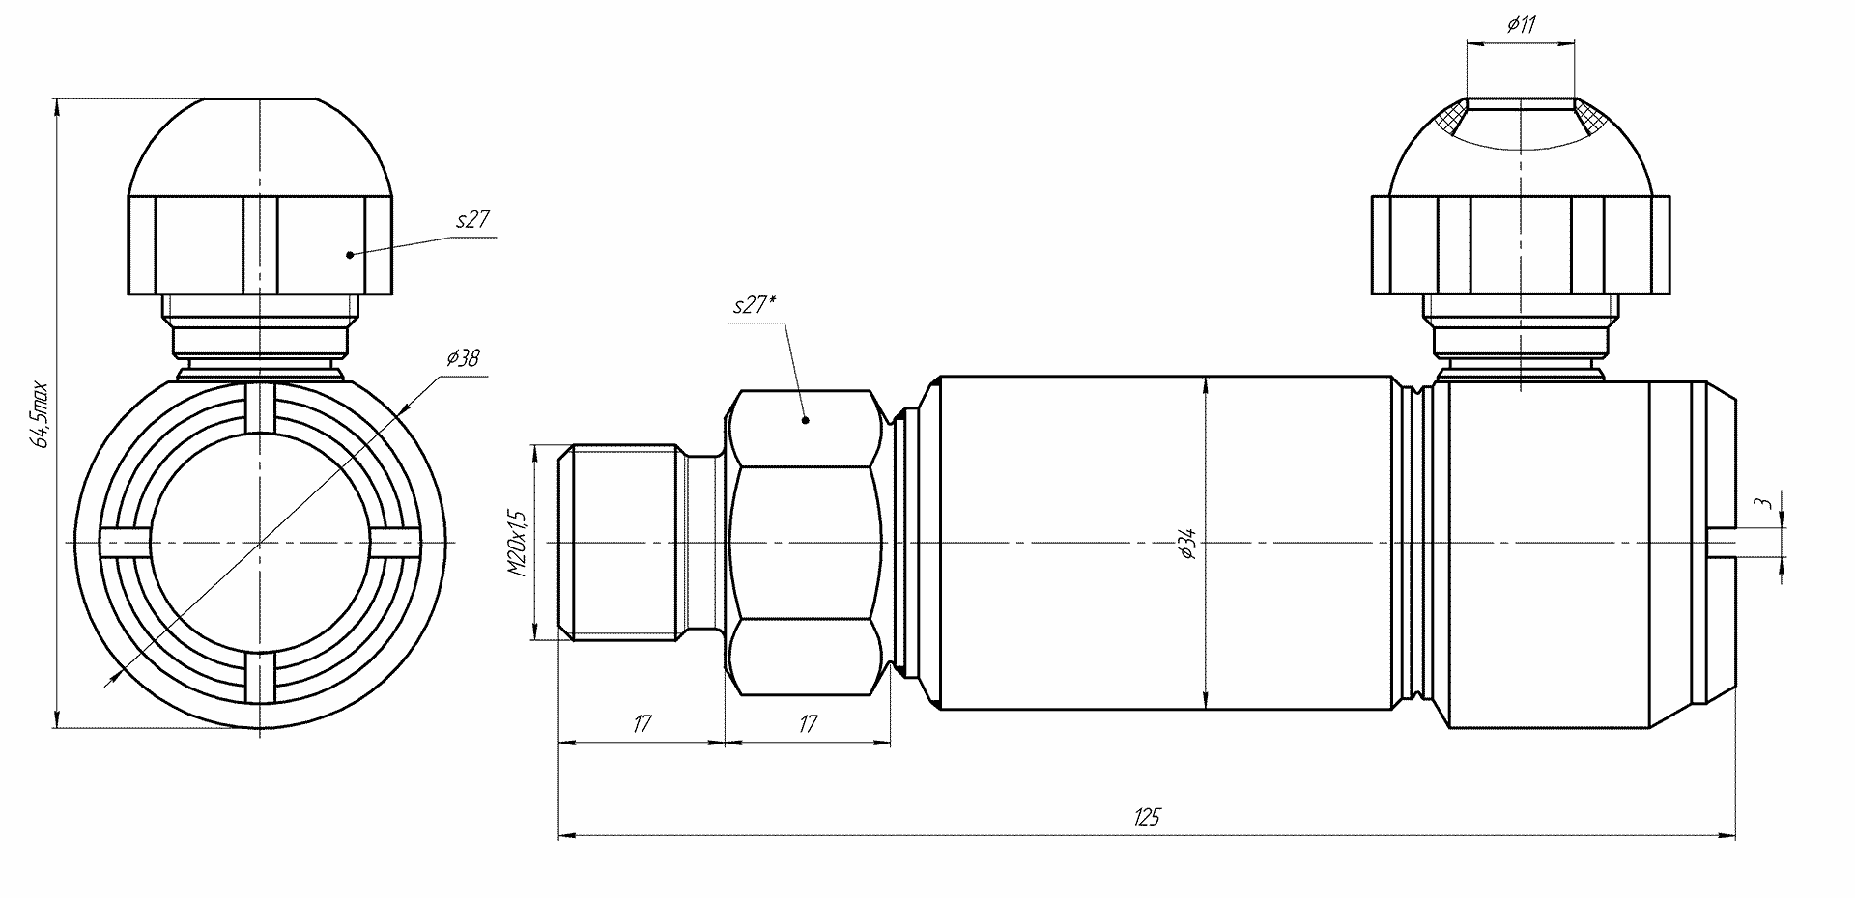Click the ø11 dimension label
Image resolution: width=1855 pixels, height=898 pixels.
1521,25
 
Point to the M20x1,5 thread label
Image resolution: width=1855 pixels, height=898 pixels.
517,543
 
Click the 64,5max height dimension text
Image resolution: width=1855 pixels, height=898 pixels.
40,413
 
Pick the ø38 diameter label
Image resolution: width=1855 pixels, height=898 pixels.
463,358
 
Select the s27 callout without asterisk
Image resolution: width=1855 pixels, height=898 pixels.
473,220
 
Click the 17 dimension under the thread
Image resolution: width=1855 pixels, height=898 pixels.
642,723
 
